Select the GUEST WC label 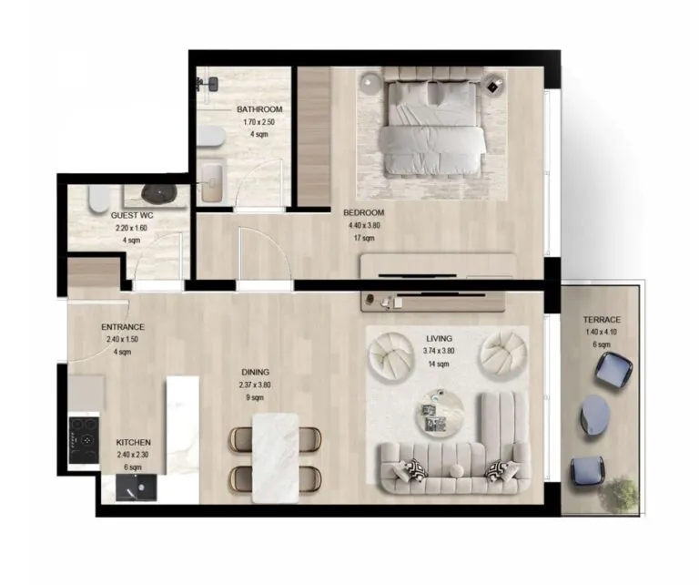click(131, 216)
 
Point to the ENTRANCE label click(123, 327)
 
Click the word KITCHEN click(133, 442)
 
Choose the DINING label click(255, 372)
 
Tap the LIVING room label click(439, 338)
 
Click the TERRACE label click(603, 320)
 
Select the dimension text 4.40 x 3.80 click(364, 225)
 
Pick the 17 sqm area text click(364, 238)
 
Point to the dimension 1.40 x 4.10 click(603, 332)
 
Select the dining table click(274, 456)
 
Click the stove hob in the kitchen click(85, 441)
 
